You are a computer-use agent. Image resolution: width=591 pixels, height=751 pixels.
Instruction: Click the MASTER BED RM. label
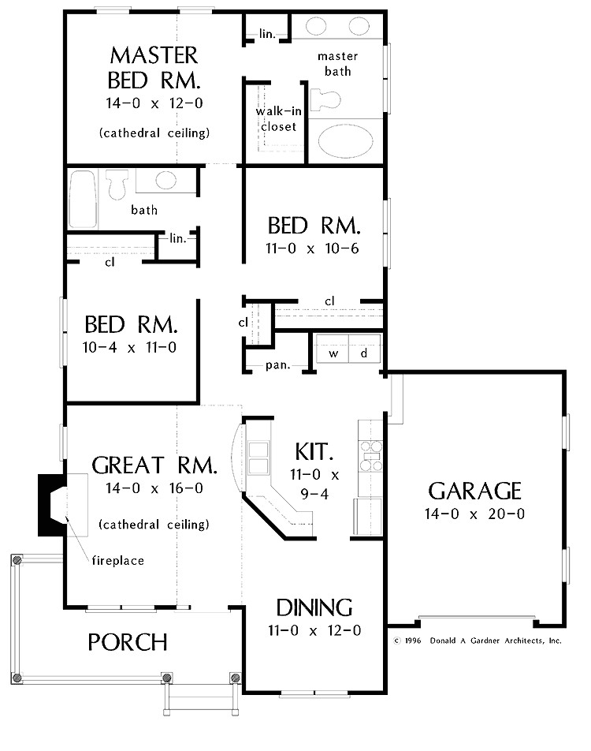click(154, 68)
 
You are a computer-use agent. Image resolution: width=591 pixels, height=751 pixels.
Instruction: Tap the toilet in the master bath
click(325, 99)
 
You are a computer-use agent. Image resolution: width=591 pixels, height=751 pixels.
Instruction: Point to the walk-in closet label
click(278, 119)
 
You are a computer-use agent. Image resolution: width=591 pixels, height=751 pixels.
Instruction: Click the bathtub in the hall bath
click(84, 199)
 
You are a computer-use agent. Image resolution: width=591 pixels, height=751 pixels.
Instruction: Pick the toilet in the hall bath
click(117, 184)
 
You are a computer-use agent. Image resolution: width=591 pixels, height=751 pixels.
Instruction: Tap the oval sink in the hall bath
click(165, 181)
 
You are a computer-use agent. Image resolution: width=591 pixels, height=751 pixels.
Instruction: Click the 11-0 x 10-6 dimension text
click(312, 248)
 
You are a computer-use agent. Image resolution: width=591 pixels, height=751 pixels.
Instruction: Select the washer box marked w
click(333, 348)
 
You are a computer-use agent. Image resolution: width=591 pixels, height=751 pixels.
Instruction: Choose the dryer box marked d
click(365, 348)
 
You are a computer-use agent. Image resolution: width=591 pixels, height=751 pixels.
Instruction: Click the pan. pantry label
click(278, 365)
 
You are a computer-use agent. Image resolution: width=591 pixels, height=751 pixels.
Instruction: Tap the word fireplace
click(117, 560)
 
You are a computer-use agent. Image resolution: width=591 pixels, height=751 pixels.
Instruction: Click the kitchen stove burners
click(371, 456)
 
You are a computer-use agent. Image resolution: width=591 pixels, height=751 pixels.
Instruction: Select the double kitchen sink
click(258, 458)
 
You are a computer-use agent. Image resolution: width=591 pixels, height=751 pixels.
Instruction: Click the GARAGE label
click(474, 491)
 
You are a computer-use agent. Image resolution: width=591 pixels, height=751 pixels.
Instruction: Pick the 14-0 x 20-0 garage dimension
click(474, 514)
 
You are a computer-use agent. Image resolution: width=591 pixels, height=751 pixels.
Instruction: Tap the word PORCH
click(128, 642)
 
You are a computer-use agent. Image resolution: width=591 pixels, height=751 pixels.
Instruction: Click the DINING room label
click(314, 607)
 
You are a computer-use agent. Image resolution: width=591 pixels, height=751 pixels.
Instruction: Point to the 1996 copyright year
click(412, 641)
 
